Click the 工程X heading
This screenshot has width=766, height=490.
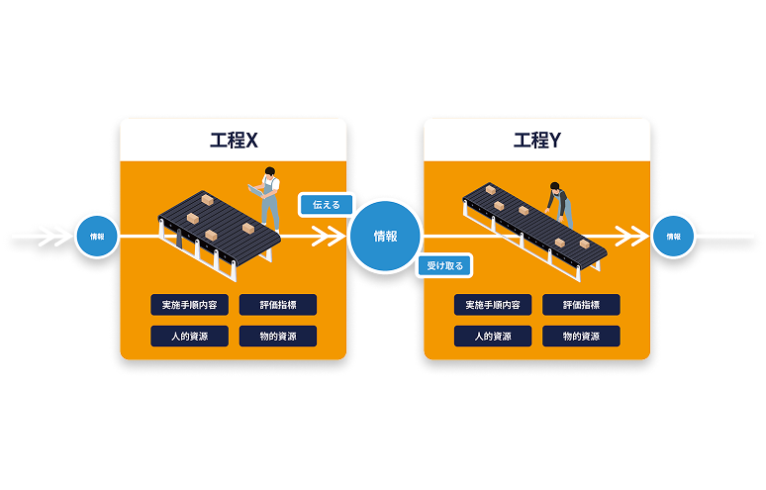tap(234, 141)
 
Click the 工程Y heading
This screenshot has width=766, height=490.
tap(536, 141)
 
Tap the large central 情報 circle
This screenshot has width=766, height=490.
tap(385, 237)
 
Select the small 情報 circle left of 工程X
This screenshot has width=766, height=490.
tap(97, 237)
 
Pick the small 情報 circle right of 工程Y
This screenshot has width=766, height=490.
tap(674, 237)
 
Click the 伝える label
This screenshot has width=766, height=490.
tap(327, 205)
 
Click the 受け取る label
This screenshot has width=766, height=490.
tap(445, 265)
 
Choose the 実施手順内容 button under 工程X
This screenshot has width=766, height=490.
tap(190, 305)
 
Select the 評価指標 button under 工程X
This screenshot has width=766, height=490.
tap(278, 305)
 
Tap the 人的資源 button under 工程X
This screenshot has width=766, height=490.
tap(190, 337)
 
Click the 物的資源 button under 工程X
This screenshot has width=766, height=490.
tap(278, 337)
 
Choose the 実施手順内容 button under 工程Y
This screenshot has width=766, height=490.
tap(493, 305)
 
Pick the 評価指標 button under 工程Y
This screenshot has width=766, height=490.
tap(581, 305)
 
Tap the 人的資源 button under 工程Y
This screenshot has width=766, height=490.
tap(493, 337)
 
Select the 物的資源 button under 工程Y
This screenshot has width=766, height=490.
tap(581, 337)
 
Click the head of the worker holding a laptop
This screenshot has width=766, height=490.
tap(269, 172)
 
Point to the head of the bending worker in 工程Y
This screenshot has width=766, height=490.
tap(554, 187)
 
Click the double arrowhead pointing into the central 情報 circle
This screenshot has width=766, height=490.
tap(329, 237)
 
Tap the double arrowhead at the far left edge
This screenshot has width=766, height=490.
tap(55, 237)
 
